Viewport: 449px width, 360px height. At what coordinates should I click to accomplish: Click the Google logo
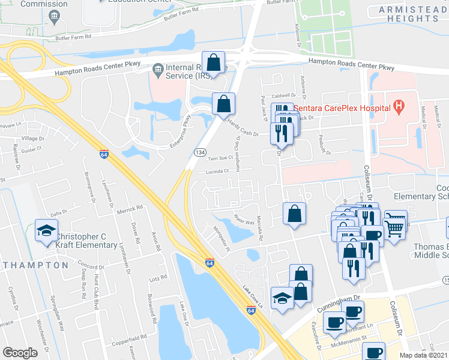pos(20,352)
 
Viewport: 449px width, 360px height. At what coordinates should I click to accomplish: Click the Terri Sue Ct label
pos(220,158)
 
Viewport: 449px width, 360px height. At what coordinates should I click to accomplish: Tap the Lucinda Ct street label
pos(218,171)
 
